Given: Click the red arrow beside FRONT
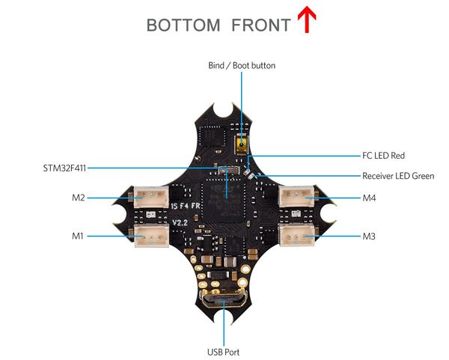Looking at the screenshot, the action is [307, 19].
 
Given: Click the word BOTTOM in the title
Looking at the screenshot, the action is [183, 25].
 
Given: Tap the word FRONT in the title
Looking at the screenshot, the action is [261, 25].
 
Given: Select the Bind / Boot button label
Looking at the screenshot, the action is [242, 66].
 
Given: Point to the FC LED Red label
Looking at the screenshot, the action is [383, 156].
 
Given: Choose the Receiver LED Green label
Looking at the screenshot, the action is [398, 176].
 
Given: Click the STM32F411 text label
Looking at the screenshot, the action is [64, 168].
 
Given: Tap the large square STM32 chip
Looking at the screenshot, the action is [223, 200].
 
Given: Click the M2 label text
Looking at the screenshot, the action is [79, 198].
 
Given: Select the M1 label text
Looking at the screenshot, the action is [78, 237].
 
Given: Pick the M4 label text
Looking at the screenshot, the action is [369, 198].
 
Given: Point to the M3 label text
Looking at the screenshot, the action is [369, 237].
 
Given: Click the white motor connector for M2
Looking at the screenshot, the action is [151, 197].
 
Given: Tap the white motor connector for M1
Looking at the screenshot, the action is [151, 236].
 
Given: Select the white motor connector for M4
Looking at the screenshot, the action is [296, 196].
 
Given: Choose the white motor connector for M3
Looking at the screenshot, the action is [296, 236].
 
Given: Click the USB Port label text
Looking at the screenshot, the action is [223, 352].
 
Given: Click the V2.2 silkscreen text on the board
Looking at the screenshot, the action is [180, 222].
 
